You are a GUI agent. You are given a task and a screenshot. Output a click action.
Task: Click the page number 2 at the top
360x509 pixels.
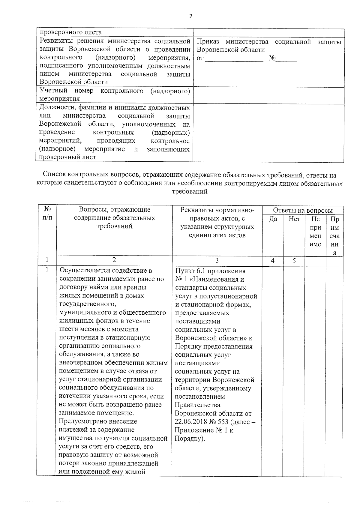[x=191, y=16]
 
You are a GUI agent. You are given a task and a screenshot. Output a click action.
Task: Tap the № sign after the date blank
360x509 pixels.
[x=272, y=58]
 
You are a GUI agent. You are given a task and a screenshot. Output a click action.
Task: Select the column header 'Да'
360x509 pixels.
[x=273, y=219]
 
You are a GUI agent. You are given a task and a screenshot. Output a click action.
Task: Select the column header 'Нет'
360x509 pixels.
[x=294, y=219]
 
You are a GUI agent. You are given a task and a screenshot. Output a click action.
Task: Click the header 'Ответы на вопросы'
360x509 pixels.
[x=303, y=211]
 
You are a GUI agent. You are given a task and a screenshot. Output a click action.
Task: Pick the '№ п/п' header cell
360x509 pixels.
[x=47, y=214]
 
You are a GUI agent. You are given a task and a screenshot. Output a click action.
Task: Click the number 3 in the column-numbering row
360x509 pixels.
[x=217, y=261]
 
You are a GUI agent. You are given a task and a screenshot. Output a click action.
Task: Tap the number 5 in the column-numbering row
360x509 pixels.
[x=294, y=261]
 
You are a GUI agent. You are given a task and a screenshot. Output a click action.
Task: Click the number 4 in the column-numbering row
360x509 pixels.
[x=272, y=261]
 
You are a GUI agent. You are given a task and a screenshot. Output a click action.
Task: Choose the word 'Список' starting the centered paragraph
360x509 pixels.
[x=54, y=175]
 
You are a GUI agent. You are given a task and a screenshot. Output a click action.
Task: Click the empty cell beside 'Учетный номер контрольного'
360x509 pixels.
[x=268, y=95]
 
